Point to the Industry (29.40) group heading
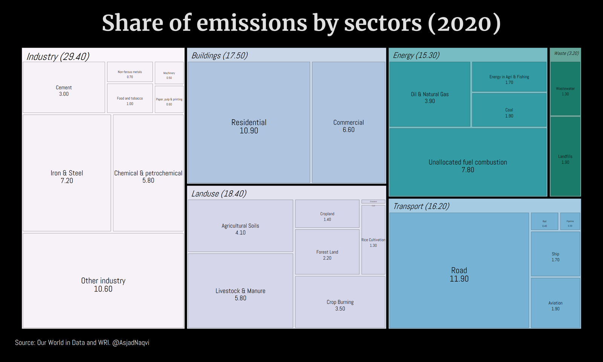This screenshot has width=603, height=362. [x=58, y=56]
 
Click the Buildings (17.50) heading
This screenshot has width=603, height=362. [x=219, y=55]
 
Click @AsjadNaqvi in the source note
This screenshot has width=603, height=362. [x=131, y=342]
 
